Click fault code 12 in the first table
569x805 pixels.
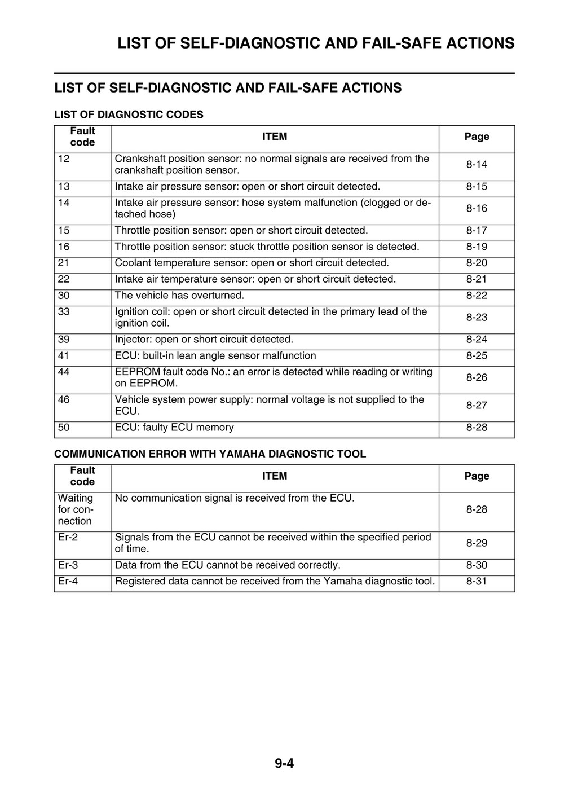point(64,159)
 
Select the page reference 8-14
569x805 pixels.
point(477,165)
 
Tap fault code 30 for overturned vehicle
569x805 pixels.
point(64,296)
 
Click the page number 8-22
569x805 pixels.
point(477,296)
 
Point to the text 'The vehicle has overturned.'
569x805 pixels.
point(179,296)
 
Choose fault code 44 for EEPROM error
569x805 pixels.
point(64,372)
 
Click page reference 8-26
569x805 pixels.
point(477,378)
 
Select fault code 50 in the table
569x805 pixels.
point(64,428)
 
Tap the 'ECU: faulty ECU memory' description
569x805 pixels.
point(174,428)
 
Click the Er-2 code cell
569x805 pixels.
point(68,538)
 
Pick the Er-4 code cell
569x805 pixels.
point(68,582)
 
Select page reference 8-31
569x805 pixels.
point(477,582)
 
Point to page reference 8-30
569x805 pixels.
point(477,565)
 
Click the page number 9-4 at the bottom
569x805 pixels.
point(284,764)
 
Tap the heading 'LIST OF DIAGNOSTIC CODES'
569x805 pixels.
point(129,115)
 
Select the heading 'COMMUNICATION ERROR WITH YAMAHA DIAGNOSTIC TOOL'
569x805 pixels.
point(210,454)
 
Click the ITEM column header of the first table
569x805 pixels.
point(275,137)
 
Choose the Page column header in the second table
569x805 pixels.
point(477,477)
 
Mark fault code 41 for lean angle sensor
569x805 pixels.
point(64,356)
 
